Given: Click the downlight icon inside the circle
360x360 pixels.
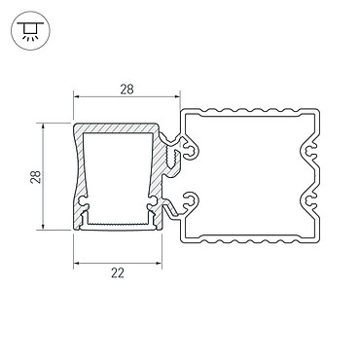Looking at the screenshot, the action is tap(30, 30).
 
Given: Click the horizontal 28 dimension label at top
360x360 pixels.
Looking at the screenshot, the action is tap(126, 90).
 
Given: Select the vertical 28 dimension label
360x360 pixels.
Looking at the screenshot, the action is tap(36, 177).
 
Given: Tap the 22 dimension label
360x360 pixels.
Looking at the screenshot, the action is tap(118, 273).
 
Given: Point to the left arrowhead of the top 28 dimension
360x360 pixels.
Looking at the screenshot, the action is tap(76, 96).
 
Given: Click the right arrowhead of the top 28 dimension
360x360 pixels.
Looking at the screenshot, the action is tap(177, 96).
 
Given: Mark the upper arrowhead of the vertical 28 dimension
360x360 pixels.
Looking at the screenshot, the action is tap(43, 126).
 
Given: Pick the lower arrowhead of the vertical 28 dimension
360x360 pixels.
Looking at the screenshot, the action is tap(43, 227).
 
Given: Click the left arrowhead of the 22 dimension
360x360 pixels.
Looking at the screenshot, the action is tap(76, 263).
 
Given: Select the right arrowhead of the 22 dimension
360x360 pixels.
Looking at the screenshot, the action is tap(159, 263).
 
